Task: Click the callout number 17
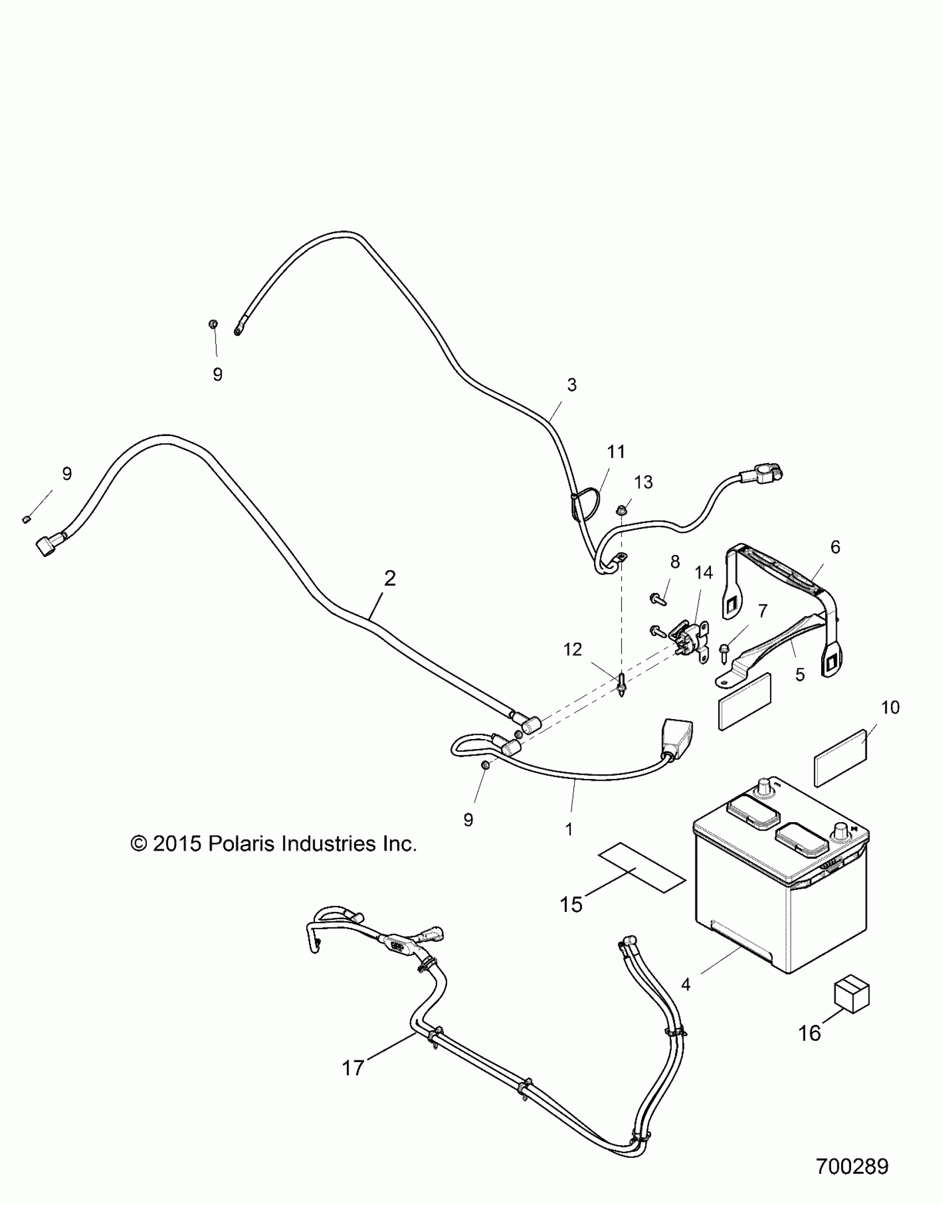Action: (353, 1068)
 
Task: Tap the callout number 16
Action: (810, 1033)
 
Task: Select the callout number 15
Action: (571, 904)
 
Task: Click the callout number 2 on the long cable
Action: (390, 579)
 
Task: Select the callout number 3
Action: (572, 384)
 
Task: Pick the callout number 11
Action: (616, 452)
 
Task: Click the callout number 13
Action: (643, 482)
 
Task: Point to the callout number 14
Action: (704, 573)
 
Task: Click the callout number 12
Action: (573, 649)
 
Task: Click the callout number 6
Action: (835, 547)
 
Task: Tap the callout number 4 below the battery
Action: (686, 984)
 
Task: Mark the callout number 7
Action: (762, 611)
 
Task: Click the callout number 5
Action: (800, 674)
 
